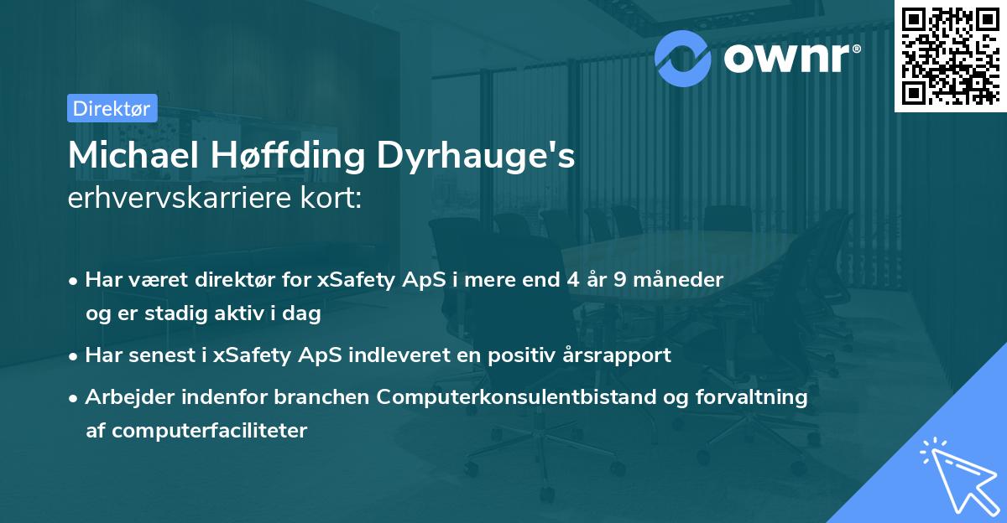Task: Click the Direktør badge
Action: pos(111,108)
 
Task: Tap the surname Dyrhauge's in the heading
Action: pos(488,157)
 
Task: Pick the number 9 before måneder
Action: pos(619,280)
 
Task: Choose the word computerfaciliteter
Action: pos(196,432)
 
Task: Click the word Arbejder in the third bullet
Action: pos(123,397)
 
